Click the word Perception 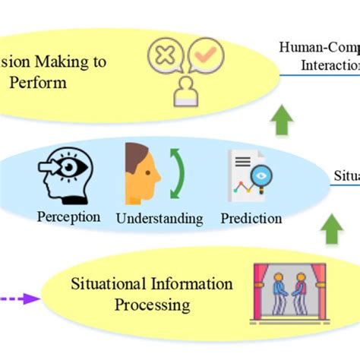point(68,216)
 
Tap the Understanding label point(159,219)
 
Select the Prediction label point(251,218)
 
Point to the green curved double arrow point(178,175)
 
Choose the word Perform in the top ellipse point(39,81)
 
